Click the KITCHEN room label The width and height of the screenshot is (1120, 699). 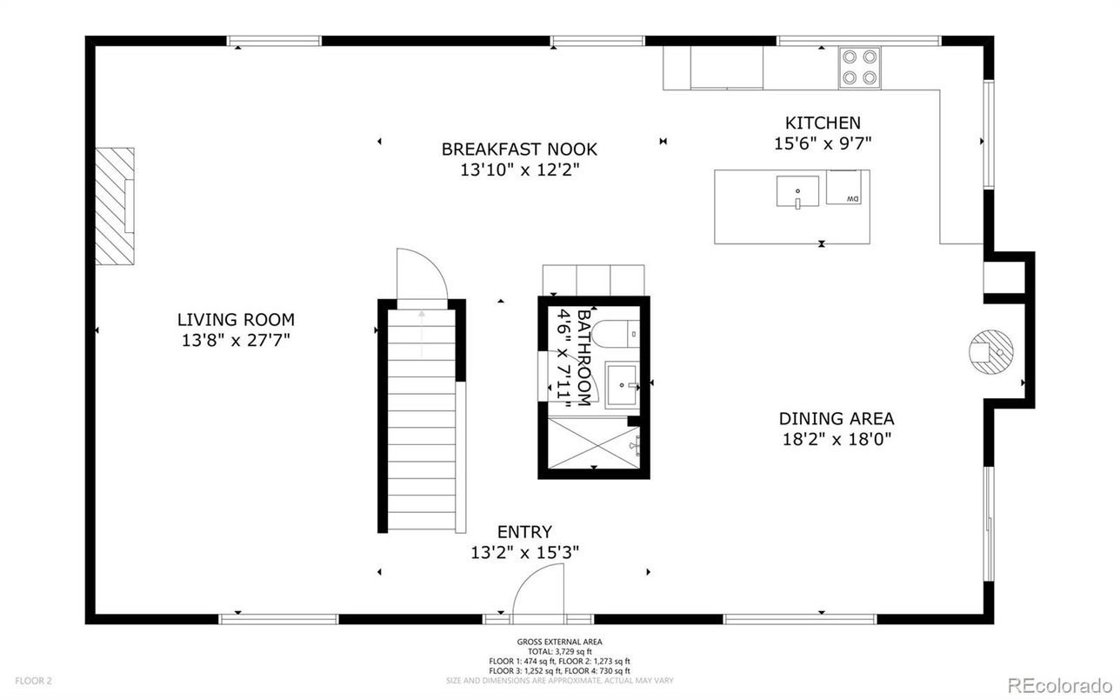point(823,123)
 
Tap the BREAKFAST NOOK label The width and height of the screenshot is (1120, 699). point(519,150)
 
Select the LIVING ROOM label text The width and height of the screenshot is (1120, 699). point(236,320)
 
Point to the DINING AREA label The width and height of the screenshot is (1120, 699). point(836,419)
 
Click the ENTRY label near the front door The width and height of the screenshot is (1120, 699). point(524,532)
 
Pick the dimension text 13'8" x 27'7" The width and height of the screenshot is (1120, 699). point(236,341)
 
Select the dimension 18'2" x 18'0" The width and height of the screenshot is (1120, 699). point(836,440)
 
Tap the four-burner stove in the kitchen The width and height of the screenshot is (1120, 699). point(858,67)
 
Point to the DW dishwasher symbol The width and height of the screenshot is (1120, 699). point(848,188)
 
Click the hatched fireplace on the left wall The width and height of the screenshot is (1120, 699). point(114,205)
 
